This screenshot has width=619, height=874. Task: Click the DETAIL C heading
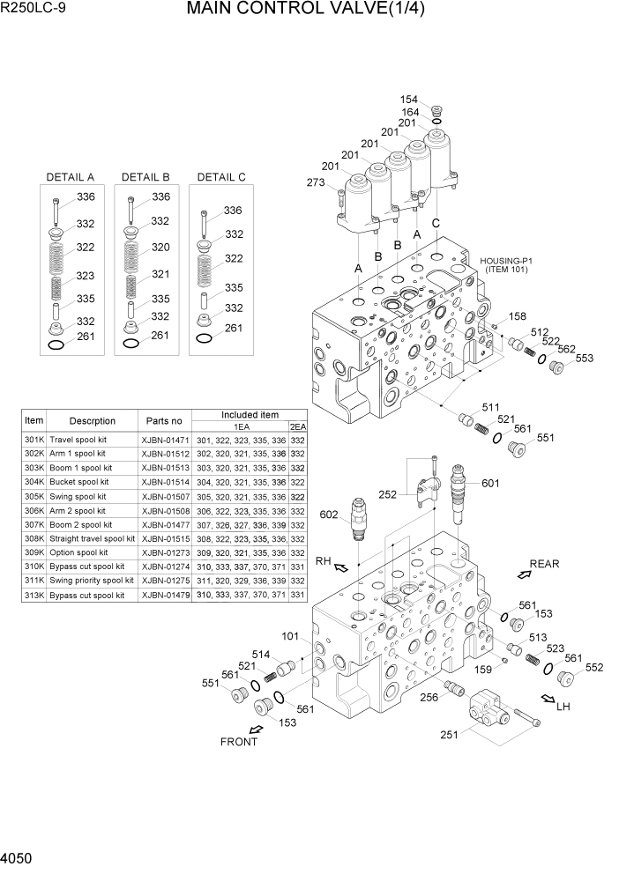221,177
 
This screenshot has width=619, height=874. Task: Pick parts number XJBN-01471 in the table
165,440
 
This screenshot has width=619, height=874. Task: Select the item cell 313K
34,595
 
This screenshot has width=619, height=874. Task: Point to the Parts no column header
164,421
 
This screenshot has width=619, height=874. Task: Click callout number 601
489,482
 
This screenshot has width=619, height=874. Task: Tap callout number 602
329,515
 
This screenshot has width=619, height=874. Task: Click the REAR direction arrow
524,574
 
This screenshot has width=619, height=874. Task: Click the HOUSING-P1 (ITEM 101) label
507,264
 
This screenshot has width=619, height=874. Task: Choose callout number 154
408,100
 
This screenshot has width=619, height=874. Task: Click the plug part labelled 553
556,367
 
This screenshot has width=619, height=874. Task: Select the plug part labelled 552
567,678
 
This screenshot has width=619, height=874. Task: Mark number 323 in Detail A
84,276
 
